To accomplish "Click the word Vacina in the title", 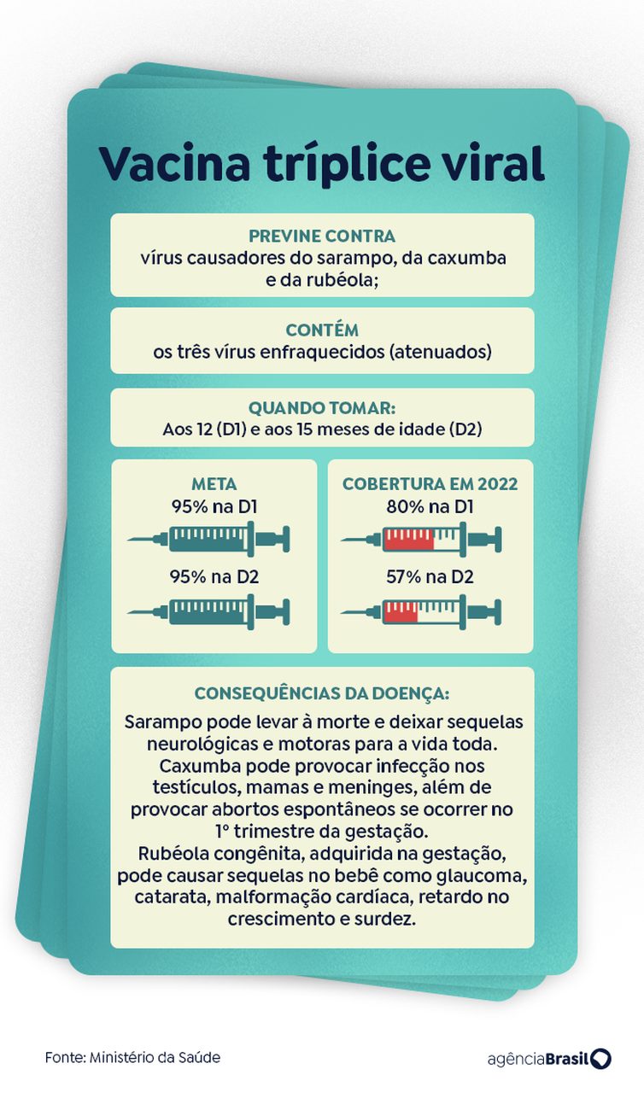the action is point(174,164).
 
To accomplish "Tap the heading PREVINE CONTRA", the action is point(322,236).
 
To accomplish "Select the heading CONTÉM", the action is point(322,330).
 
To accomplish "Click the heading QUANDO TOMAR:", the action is point(322,408).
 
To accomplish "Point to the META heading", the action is point(214,484).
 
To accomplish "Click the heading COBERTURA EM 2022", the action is point(430,484).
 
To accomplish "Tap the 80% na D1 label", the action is point(430,506).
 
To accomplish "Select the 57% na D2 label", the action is point(430,576).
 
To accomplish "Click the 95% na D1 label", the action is point(214,506).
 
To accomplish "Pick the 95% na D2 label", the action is point(214,576).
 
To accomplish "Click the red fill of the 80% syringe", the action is point(408,540).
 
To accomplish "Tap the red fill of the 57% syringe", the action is point(401,612).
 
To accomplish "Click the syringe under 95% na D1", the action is point(209,540).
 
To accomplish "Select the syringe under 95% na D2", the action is point(209,612).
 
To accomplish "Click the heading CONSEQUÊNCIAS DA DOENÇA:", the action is point(322,694).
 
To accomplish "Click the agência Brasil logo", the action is point(549,1059).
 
